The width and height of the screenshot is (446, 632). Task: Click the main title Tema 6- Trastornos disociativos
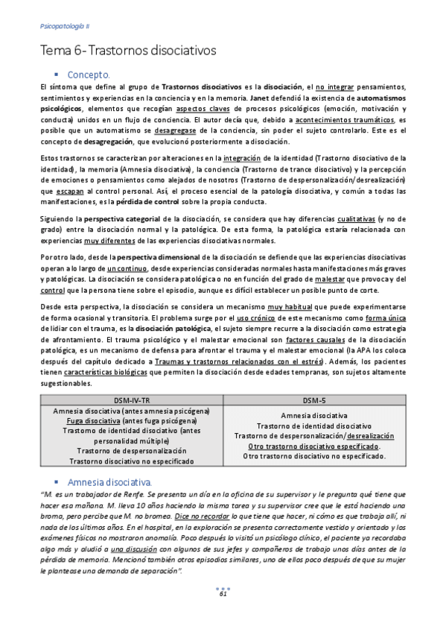(127, 51)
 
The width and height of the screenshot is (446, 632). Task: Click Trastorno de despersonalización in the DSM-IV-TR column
(130, 450)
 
